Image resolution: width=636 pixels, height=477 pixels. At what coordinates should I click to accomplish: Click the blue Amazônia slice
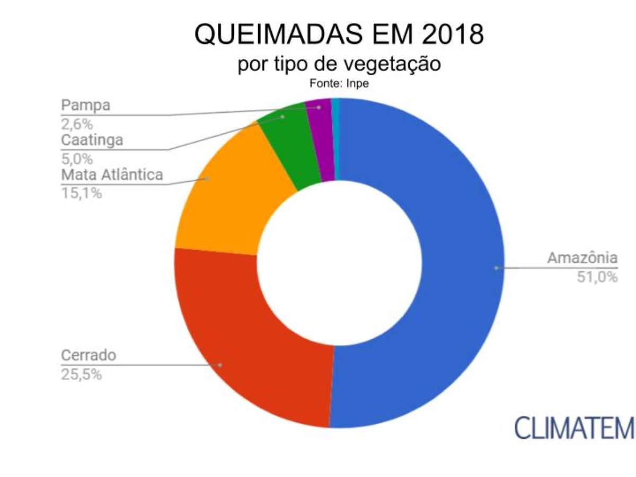click(461, 265)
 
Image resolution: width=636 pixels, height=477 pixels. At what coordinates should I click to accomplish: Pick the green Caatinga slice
click(289, 143)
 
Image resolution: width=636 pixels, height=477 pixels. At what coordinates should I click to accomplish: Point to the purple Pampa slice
click(321, 138)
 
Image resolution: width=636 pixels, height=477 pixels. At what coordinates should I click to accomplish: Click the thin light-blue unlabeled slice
click(334, 138)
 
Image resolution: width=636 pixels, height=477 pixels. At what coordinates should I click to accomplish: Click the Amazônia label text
click(582, 259)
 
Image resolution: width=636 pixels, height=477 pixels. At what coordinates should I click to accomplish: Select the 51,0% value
click(597, 276)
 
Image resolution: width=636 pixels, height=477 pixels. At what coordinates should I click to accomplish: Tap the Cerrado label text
click(88, 355)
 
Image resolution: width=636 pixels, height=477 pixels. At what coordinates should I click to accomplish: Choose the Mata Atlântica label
click(112, 175)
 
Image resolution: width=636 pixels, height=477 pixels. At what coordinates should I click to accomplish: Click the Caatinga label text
click(92, 140)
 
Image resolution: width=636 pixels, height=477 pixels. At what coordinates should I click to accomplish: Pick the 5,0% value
click(77, 158)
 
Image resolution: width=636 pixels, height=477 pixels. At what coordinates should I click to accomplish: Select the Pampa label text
click(85, 105)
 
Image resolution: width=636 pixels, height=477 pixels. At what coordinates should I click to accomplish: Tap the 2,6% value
click(77, 123)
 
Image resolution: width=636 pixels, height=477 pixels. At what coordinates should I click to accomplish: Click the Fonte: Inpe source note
click(339, 83)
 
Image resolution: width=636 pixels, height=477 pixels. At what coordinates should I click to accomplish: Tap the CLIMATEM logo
click(573, 427)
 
